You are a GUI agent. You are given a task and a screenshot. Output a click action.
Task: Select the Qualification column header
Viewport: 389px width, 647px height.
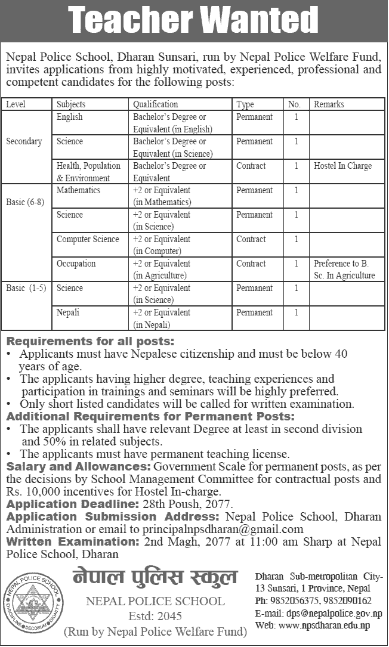coord(155,104)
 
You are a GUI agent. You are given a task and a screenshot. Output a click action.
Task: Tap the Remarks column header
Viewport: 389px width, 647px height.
coord(329,104)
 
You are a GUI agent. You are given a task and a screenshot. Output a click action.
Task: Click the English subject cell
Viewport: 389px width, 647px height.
coord(69,117)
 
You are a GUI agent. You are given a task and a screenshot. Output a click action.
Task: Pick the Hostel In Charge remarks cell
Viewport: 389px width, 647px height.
coord(342,166)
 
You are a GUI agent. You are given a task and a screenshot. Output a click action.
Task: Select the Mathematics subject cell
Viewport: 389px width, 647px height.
coord(78,190)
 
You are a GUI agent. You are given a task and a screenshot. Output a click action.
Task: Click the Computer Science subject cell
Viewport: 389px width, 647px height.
coord(88,239)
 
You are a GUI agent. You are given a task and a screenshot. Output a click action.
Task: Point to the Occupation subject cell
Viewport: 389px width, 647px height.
coord(76,264)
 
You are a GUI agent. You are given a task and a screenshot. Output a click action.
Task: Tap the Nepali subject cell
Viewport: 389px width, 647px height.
coord(68,312)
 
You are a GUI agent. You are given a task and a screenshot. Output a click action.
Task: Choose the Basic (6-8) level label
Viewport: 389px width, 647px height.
coord(26,203)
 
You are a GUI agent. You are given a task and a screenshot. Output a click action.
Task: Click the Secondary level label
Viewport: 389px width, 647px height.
coord(24,141)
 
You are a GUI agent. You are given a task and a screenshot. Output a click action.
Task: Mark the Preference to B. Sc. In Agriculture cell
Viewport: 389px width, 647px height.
coord(344,269)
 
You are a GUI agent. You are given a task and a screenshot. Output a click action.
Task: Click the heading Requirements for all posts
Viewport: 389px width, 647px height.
coord(90,342)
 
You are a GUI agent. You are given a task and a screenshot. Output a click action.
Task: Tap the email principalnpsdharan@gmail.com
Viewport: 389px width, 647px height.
coord(223,529)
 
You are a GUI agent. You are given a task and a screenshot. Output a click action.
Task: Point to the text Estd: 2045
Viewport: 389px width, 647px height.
coord(155,616)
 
